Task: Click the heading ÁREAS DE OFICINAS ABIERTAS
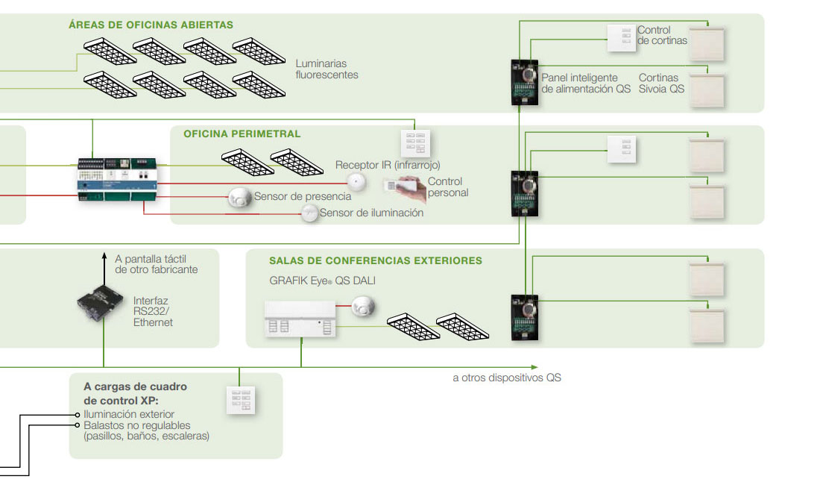(x=151, y=25)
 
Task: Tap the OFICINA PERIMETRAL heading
(x=242, y=134)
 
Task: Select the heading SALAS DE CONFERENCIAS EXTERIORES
(x=376, y=261)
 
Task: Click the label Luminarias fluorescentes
(x=327, y=69)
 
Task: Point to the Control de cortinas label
(x=662, y=35)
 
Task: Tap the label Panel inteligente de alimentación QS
(x=586, y=83)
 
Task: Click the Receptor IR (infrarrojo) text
(x=388, y=165)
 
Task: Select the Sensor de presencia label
(x=302, y=196)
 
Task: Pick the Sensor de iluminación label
(x=371, y=213)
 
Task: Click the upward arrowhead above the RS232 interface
(x=104, y=256)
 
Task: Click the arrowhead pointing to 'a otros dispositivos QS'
(x=533, y=367)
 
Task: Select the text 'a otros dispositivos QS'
(x=506, y=378)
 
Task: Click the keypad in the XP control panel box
(x=241, y=401)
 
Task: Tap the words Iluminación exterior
(x=129, y=414)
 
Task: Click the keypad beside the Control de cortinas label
(x=622, y=38)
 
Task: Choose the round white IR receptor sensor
(x=359, y=182)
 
